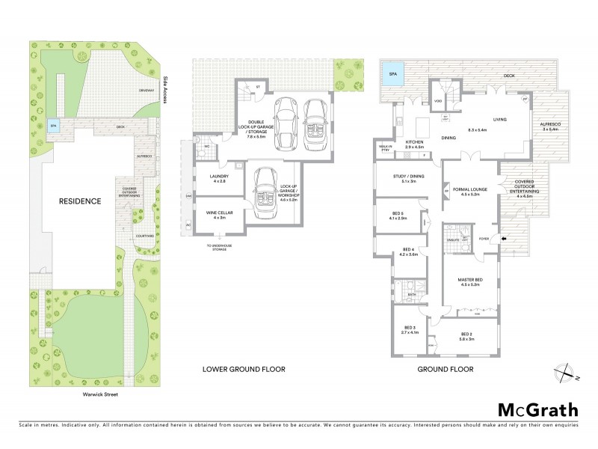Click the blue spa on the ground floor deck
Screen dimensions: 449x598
(x=392, y=74)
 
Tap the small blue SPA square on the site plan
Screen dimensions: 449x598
(x=52, y=126)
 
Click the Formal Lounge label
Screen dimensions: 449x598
(x=469, y=192)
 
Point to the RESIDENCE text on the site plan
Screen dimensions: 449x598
(x=81, y=201)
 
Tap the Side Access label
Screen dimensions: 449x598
(x=166, y=93)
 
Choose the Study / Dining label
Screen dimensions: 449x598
(x=409, y=178)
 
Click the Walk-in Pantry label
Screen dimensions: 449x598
(x=386, y=149)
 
